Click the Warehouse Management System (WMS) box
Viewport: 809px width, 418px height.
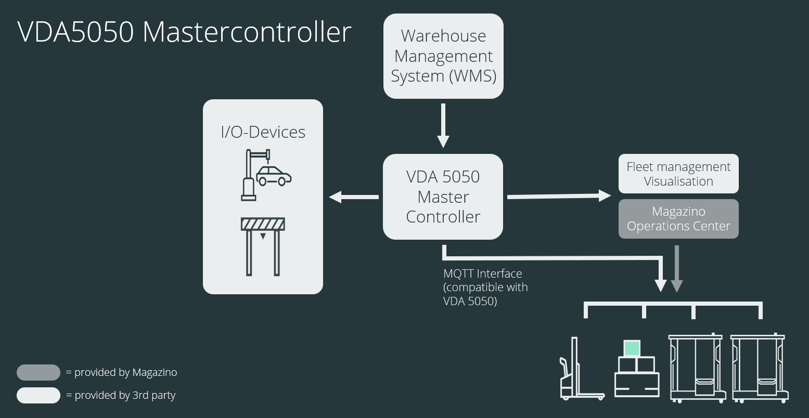click(443, 56)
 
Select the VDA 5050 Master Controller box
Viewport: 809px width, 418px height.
click(443, 197)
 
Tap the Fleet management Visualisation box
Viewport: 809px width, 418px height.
click(678, 174)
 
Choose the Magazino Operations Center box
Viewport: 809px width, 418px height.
click(678, 219)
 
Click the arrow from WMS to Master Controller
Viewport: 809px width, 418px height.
click(443, 125)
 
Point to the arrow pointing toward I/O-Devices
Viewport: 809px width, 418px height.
click(353, 197)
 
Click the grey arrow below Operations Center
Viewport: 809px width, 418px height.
click(676, 268)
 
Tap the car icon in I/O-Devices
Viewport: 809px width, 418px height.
click(274, 176)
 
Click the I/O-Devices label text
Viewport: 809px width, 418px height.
click(263, 132)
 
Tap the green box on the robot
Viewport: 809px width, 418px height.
click(632, 348)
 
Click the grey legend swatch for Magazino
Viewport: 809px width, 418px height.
click(38, 373)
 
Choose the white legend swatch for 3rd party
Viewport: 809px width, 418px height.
click(38, 396)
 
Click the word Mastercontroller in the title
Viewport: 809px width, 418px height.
click(247, 32)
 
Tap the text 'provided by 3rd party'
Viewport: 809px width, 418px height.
click(125, 396)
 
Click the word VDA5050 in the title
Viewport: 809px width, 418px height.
click(76, 32)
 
